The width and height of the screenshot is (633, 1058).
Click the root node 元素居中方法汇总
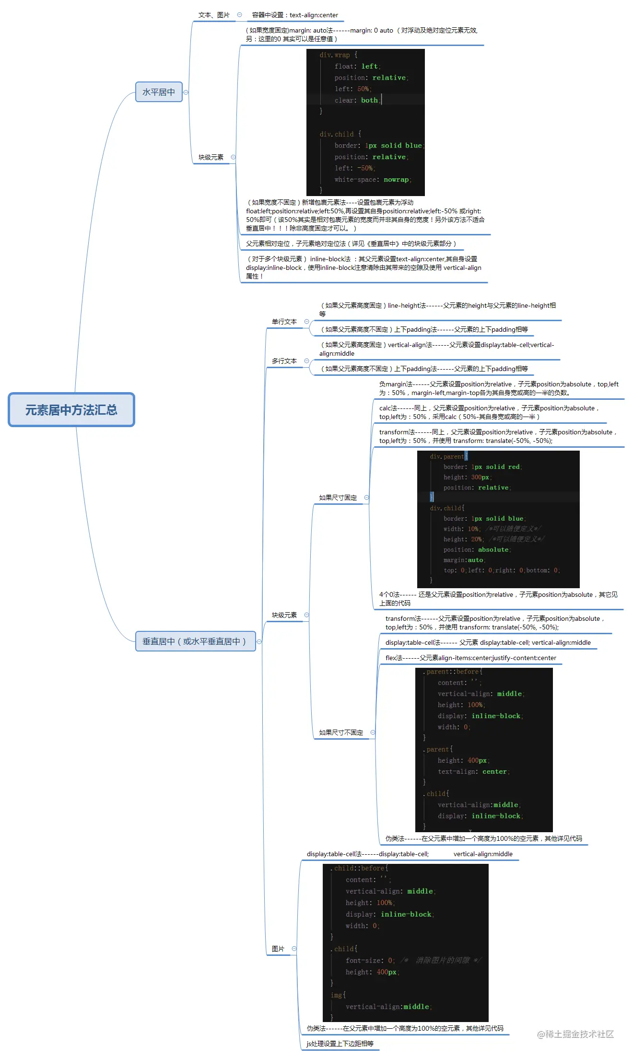(x=71, y=410)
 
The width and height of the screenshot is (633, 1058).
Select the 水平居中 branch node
(x=159, y=92)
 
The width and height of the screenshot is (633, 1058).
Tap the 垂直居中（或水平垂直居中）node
(x=195, y=641)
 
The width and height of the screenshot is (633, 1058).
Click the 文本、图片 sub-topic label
(x=214, y=15)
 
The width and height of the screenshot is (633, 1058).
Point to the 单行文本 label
(x=284, y=322)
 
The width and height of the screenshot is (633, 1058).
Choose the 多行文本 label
(x=284, y=361)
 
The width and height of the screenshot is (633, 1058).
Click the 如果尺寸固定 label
(x=338, y=498)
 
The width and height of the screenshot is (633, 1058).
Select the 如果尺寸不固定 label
(x=341, y=732)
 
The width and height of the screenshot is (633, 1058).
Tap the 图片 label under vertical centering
(x=278, y=949)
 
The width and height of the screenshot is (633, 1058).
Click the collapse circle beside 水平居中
(x=186, y=93)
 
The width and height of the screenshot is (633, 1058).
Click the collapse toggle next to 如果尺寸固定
(x=367, y=498)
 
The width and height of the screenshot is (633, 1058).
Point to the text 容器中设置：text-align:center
(x=295, y=15)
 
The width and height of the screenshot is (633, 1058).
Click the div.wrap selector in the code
(x=335, y=55)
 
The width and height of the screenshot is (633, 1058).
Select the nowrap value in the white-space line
(x=396, y=180)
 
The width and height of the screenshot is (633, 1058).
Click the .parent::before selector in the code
(x=453, y=672)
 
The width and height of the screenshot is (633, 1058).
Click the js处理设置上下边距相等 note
(x=340, y=1044)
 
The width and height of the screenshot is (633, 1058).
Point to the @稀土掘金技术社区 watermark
(x=575, y=1034)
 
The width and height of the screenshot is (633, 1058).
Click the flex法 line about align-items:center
(x=470, y=658)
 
